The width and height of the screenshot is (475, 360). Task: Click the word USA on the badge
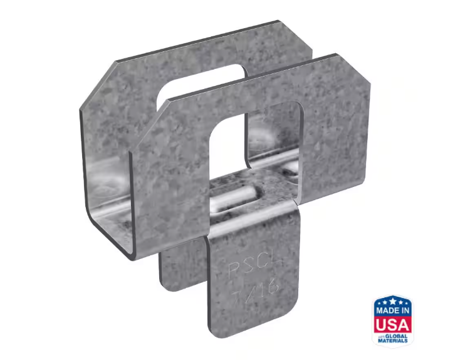(392, 324)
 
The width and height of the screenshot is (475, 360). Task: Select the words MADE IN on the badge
(392, 310)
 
